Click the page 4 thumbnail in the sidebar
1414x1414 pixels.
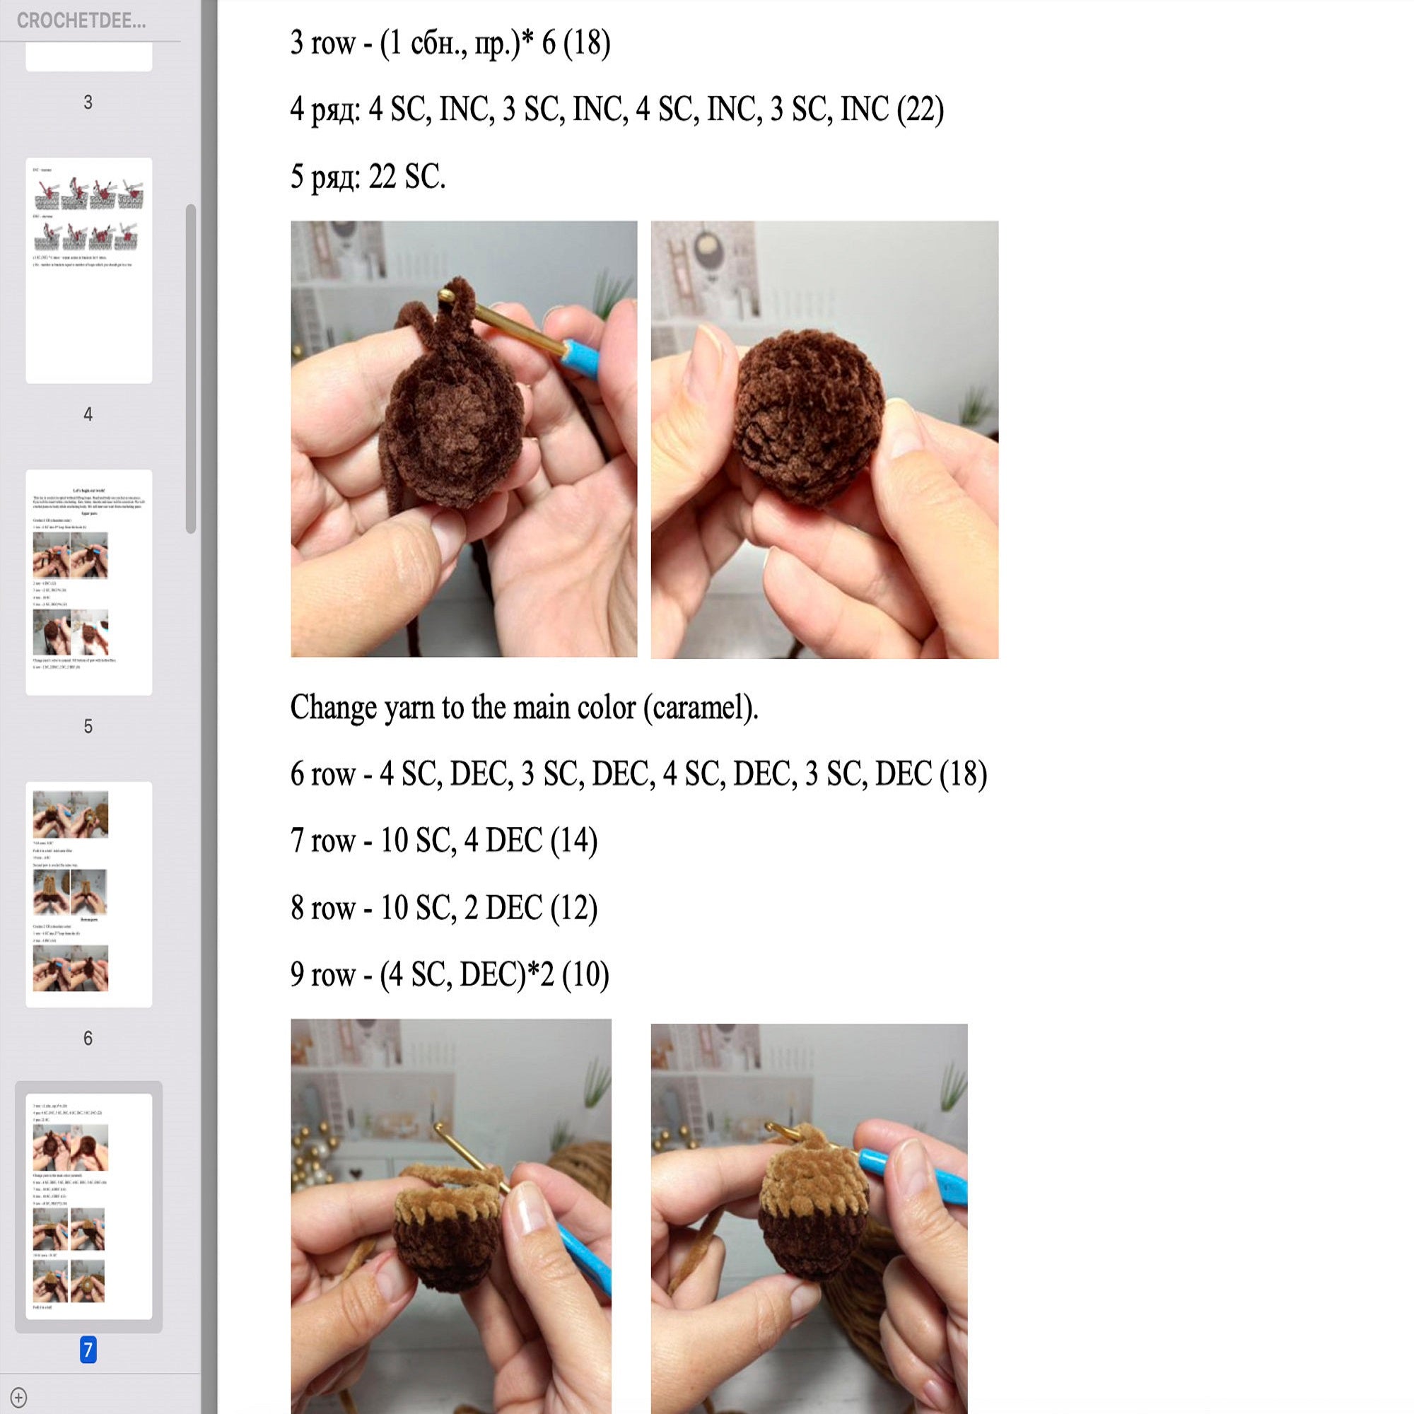(x=88, y=270)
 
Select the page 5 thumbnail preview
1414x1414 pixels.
(x=88, y=582)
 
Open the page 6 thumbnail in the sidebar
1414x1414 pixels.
(x=88, y=894)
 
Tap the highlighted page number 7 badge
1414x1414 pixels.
(x=88, y=1349)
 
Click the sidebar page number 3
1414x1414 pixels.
(x=88, y=103)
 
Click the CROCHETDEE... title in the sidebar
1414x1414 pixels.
(x=81, y=21)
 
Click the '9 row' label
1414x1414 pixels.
(x=323, y=974)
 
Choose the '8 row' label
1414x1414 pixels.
(x=323, y=908)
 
